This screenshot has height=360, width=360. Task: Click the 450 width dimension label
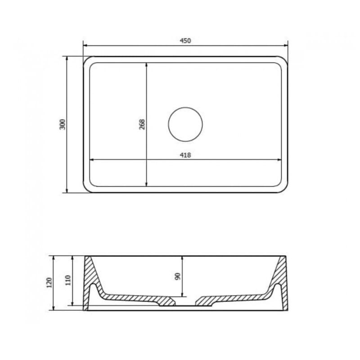coord(185,40)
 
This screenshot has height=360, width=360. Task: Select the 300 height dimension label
coord(63,124)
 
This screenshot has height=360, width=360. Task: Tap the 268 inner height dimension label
coord(142,124)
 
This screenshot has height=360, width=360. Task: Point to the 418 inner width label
coord(185,155)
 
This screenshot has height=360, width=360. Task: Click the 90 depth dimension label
coord(177,276)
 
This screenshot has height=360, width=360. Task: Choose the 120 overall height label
coord(49,282)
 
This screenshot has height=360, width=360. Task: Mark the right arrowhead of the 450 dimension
coord(285,45)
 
